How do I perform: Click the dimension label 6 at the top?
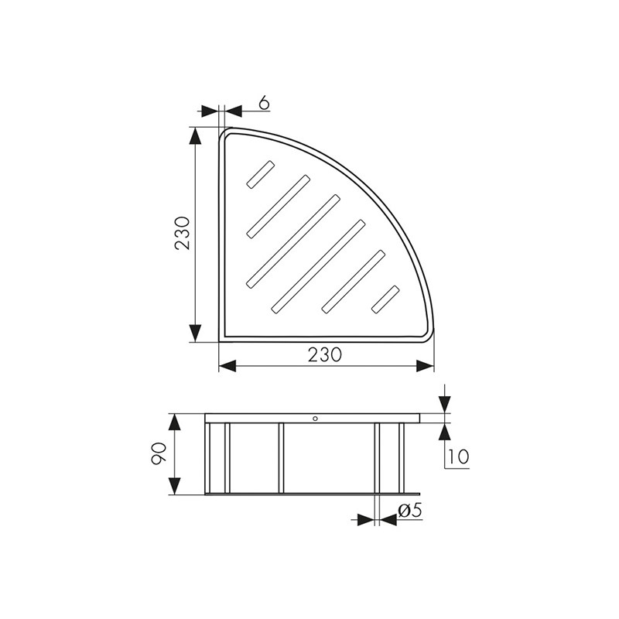pos(264,103)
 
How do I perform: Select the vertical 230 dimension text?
pos(183,233)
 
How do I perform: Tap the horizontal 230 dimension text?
pos(325,355)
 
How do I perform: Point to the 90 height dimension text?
pos(159,453)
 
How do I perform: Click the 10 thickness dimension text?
pos(457,457)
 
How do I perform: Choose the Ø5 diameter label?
pos(410,511)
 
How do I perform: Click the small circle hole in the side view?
pos(315,419)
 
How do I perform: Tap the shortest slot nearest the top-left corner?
pos(260,173)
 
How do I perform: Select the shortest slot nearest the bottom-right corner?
pos(385,299)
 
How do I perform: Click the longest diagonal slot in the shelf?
pos(293,241)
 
